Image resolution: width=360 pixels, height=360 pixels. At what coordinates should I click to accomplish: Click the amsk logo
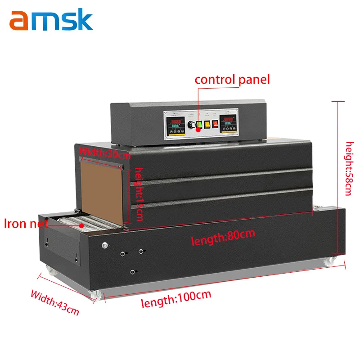click(x=51, y=21)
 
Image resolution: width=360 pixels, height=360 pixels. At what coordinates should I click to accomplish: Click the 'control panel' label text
click(x=232, y=80)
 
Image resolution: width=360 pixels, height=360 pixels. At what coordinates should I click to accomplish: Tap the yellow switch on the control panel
click(x=208, y=124)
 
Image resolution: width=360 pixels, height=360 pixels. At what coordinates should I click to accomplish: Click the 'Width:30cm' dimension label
click(x=104, y=153)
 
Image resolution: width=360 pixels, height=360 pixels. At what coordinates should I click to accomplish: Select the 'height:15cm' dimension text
click(x=139, y=193)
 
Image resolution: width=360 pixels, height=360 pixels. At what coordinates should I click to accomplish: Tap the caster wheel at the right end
click(x=331, y=260)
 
